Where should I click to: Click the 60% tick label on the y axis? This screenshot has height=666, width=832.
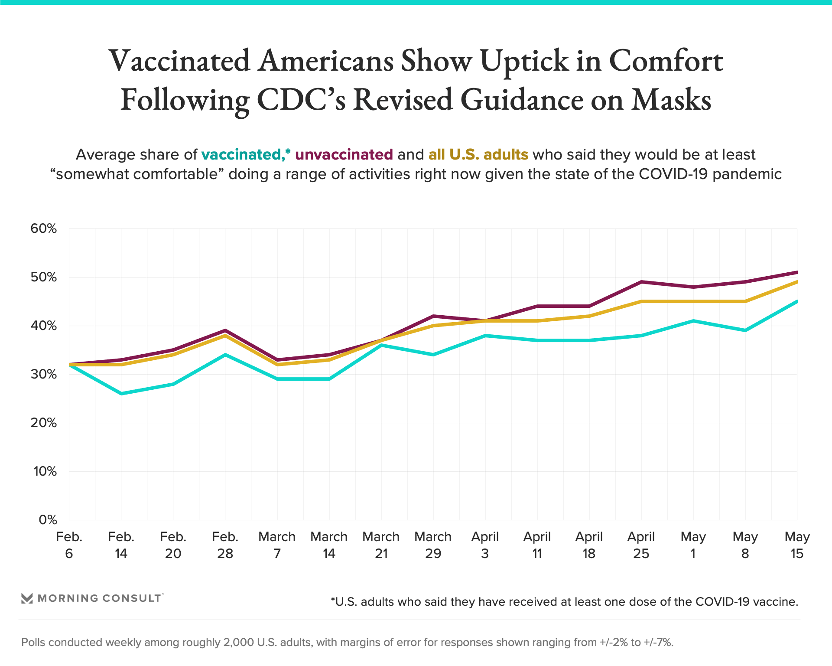pos(43,229)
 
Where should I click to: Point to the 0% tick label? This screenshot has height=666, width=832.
pos(48,520)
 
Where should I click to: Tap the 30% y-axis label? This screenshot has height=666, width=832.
pos(43,374)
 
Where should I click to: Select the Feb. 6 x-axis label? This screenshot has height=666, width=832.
pos(69,545)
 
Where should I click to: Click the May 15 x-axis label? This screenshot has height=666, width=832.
pos(797,545)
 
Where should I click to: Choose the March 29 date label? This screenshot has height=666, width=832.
pos(433,545)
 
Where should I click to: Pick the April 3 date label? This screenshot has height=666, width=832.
pos(485,545)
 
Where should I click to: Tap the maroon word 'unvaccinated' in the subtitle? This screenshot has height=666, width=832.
pos(344,155)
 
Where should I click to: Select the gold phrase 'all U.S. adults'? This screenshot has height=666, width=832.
pos(478,155)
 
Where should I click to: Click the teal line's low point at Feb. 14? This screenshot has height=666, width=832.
pos(121,393)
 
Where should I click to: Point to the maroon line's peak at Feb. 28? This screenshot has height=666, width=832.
pos(225,330)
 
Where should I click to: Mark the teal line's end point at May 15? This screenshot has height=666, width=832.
pos(796,301)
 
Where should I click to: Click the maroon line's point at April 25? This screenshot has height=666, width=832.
pos(641,282)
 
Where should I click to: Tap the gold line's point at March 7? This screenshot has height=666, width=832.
pos(277,365)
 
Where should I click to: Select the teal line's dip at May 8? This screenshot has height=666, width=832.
pos(745,330)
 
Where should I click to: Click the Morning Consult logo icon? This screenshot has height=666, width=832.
pos(27,598)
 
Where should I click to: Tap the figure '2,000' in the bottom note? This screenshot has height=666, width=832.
pos(238,642)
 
